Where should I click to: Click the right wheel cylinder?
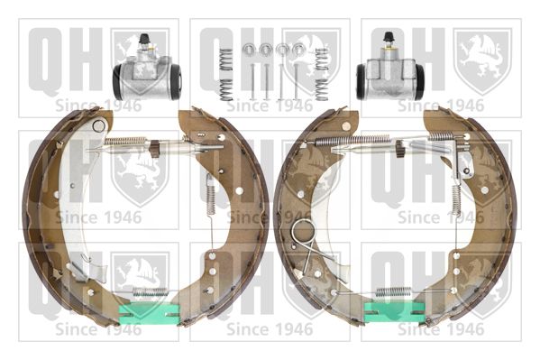[x=390, y=73]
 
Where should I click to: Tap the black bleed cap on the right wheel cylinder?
[x=389, y=37]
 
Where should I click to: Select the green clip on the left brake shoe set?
[x=149, y=313]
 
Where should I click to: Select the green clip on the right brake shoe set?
[x=395, y=311]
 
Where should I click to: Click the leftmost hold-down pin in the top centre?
[x=252, y=82]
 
